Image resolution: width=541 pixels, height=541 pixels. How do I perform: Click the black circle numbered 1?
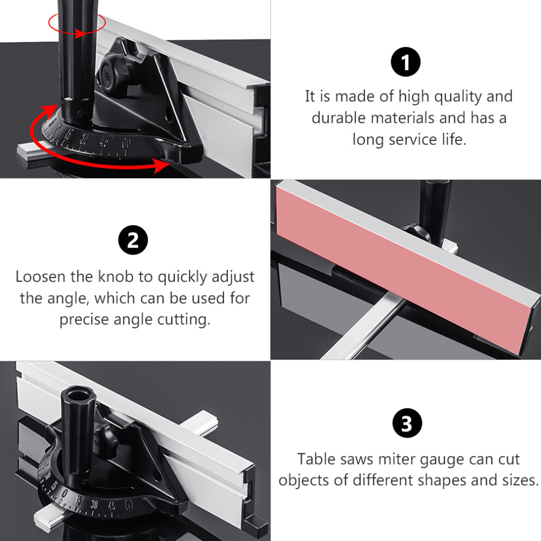coord(405,62)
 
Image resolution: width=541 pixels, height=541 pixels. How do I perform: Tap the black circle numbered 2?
coord(133,240)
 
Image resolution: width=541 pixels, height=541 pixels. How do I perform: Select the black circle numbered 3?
coord(407,423)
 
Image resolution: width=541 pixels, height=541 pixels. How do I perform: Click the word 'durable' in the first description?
coord(338,118)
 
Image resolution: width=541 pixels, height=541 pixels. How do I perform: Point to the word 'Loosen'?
coord(40,277)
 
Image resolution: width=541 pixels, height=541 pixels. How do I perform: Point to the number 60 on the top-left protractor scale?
coord(127,142)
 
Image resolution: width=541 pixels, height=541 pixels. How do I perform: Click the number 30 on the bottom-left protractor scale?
coord(94,504)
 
